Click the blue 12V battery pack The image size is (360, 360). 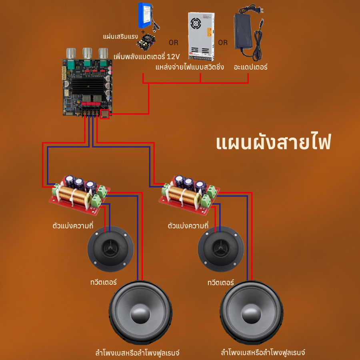coord(145,15)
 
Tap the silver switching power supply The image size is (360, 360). coord(201,36)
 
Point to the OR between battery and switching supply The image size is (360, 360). coord(173,42)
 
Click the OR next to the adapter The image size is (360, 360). coord(223,42)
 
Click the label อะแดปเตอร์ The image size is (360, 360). coord(250,67)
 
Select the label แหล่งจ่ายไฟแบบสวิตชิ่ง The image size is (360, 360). coord(190,67)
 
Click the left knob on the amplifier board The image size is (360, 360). coord(71,53)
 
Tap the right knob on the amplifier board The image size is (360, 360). coord(103,53)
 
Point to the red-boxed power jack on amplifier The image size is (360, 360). coord(105,114)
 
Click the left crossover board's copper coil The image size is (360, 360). coord(73,195)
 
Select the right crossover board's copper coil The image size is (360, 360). coord(183,195)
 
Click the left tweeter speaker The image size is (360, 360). coord(110,249)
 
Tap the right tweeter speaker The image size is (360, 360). coord(221,249)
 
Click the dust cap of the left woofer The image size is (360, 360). coord(140,313)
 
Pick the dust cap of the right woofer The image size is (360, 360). coord(251,313)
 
